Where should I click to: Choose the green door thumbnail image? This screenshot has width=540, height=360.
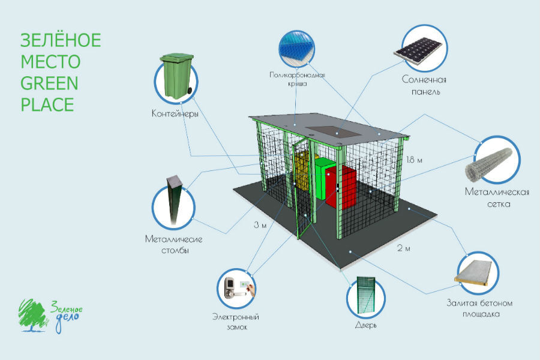tap(365, 296)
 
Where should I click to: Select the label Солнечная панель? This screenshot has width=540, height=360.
tap(422, 86)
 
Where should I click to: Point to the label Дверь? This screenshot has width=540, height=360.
tap(365, 326)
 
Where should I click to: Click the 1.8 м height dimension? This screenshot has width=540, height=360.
tap(414, 160)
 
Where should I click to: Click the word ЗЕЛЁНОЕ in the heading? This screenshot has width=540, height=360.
tap(61, 41)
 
